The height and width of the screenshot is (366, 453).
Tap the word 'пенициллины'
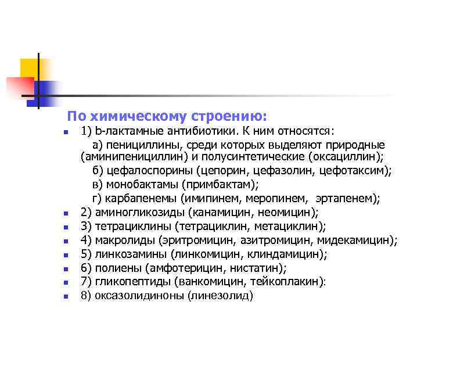(139, 144)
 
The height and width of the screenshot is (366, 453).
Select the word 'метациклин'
(290, 227)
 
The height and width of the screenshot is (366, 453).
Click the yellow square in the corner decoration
(29, 68)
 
